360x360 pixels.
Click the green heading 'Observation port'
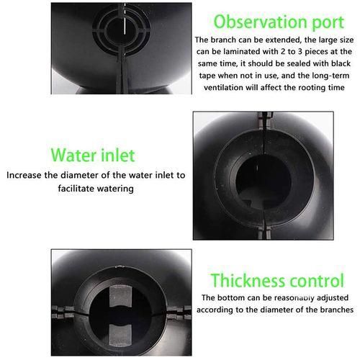pos(279,22)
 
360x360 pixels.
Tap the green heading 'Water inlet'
pos(93,156)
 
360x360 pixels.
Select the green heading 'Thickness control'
pos(277,280)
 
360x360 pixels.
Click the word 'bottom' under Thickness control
pos(231,297)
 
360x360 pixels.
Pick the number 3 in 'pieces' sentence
pos(300,52)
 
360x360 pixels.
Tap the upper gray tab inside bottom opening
pos(120,296)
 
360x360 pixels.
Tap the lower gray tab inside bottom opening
pos(120,336)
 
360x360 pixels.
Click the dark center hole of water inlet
pos(264,181)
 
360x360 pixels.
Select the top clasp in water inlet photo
pos(265,120)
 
